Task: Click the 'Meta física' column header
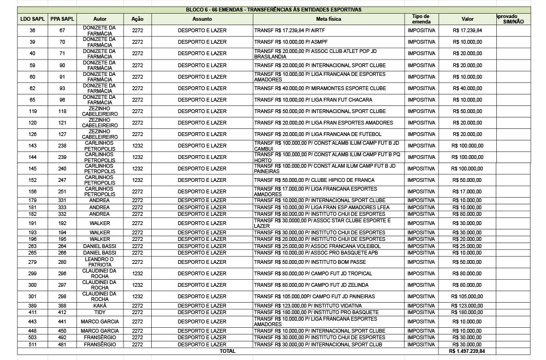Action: tap(329, 19)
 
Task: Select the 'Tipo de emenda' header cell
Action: tap(421, 19)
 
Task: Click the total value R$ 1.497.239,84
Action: tap(467, 351)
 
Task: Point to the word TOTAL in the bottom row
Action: tap(227, 351)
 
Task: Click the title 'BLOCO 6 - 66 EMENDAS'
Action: tap(274, 10)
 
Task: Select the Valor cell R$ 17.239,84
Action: tap(467, 30)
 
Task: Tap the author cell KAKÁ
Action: tap(99, 305)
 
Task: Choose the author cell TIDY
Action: tap(99, 312)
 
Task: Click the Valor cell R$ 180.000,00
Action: tap(467, 312)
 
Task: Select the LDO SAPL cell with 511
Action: tap(32, 344)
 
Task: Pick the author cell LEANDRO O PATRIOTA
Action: tap(99, 262)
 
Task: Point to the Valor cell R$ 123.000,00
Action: tap(467, 305)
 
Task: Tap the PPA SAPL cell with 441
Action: tap(62, 322)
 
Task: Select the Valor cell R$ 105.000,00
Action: tap(467, 296)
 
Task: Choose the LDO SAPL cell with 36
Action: tap(32, 30)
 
